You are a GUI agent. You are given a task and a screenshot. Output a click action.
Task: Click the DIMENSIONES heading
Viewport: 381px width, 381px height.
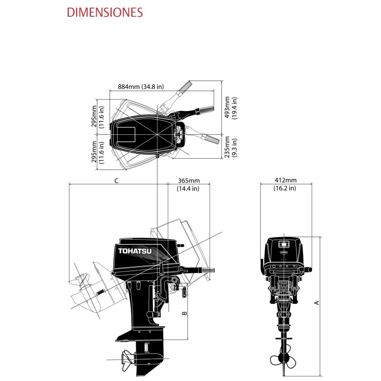click(105, 12)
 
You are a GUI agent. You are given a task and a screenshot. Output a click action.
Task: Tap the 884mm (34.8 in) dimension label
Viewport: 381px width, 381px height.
click(140, 87)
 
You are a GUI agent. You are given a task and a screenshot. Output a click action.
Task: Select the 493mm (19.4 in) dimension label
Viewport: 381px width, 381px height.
click(231, 107)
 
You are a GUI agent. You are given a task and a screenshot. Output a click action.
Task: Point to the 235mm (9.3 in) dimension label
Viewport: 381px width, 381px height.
click(231, 148)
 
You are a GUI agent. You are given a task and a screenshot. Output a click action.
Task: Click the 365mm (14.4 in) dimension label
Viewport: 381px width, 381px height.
click(188, 184)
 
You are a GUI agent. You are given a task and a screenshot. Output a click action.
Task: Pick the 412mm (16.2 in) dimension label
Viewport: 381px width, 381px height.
click(285, 184)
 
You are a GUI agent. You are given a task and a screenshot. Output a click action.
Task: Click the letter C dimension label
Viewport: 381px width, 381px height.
click(116, 180)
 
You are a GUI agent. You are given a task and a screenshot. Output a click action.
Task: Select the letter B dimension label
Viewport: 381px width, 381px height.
click(185, 313)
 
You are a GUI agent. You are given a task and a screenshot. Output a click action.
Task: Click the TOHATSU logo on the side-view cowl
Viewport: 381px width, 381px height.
click(133, 251)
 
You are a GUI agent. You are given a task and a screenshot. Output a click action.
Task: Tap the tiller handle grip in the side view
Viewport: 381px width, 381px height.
click(208, 271)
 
